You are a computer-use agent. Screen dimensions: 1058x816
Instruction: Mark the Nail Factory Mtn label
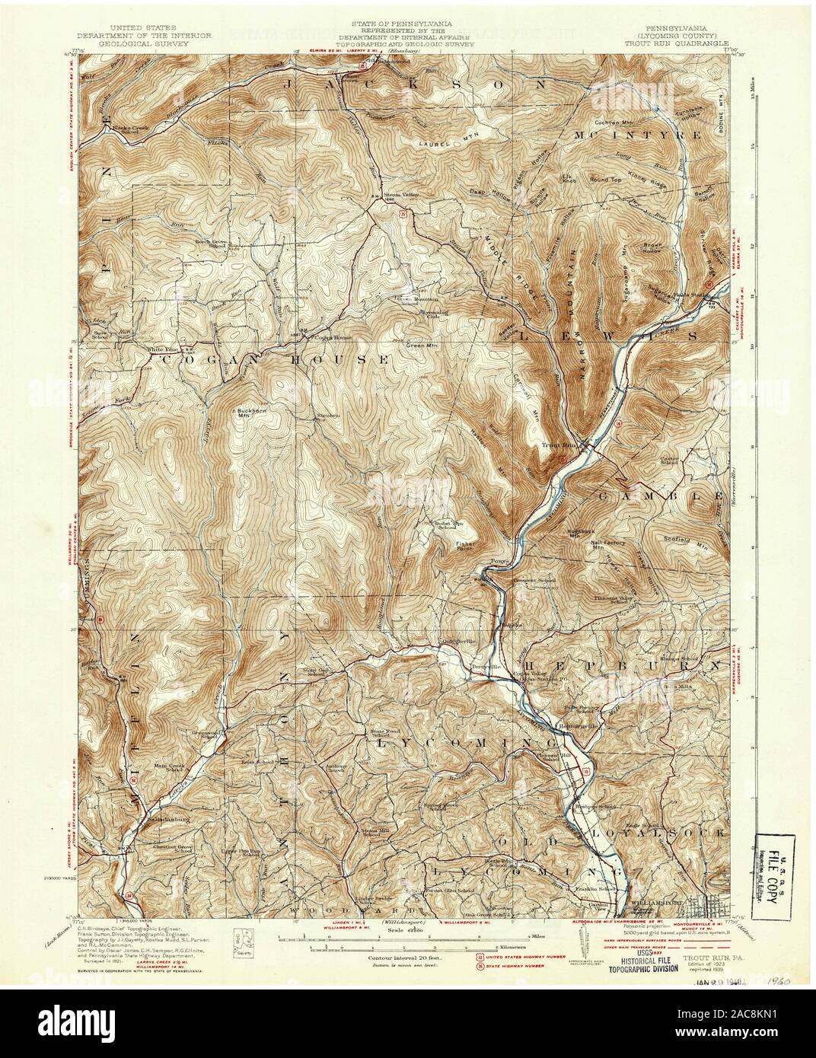tap(608, 543)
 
